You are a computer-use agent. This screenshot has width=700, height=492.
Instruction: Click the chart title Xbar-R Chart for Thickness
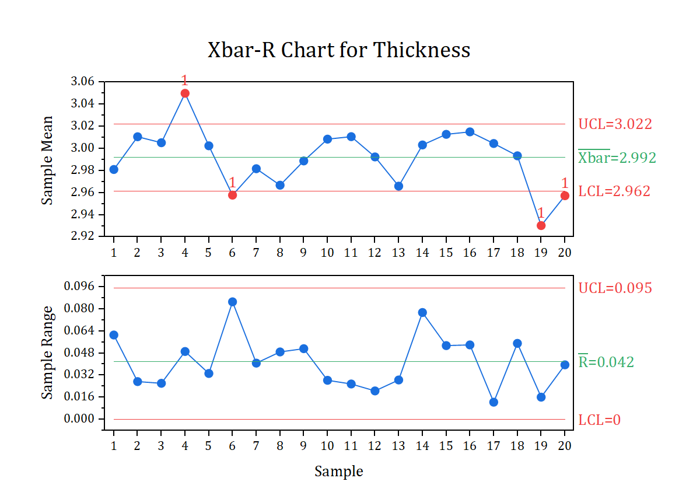[x=339, y=50]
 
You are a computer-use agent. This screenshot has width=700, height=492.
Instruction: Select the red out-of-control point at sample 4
[x=185, y=93]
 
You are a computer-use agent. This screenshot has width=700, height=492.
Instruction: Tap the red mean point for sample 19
[x=541, y=225]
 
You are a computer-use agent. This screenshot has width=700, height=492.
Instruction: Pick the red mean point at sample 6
[x=232, y=195]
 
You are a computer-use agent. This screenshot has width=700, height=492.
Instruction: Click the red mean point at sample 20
[x=565, y=196]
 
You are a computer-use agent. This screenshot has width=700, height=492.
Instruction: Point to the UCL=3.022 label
[x=615, y=124]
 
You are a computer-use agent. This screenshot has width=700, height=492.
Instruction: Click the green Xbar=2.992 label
[x=617, y=158]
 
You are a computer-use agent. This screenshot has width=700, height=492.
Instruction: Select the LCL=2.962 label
[x=614, y=191]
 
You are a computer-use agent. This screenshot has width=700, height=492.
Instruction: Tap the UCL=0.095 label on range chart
[x=615, y=288]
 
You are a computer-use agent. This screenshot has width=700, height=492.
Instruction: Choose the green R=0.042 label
[x=605, y=362]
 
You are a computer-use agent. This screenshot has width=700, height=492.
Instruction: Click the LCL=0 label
[x=599, y=420]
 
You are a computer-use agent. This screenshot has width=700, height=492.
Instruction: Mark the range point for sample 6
[x=232, y=302]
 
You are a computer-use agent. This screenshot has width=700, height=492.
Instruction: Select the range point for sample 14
[x=422, y=313]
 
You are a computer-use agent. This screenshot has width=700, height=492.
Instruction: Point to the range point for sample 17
[x=494, y=402]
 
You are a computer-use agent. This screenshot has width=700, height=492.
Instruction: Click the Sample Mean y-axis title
[x=47, y=160]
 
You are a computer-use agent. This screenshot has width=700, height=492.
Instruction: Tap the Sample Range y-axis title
[x=47, y=353]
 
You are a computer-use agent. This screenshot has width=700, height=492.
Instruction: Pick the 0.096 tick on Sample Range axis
[x=82, y=287]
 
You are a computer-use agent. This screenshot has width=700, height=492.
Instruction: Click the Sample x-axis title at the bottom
[x=338, y=472]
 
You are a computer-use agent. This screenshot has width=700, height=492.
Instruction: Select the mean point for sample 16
[x=470, y=132]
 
